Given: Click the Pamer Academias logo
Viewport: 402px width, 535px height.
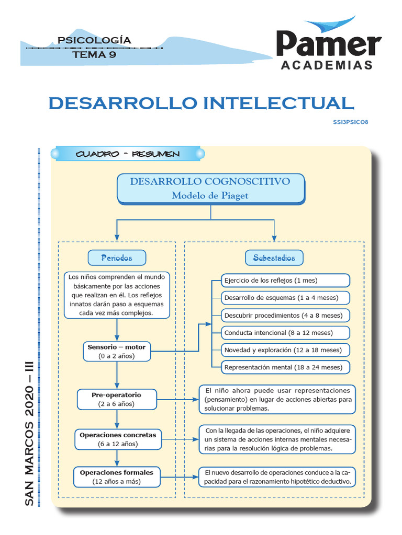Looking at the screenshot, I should (x=329, y=46).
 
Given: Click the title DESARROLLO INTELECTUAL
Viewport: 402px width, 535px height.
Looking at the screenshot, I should (x=201, y=103).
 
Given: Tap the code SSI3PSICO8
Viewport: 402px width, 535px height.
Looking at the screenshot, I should (x=354, y=122).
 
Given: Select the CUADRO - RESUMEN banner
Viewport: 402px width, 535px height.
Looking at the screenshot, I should (x=127, y=154).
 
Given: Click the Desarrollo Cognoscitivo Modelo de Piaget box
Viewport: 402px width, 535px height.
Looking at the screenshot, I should (x=210, y=188).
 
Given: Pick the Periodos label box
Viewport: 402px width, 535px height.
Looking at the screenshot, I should (x=117, y=258).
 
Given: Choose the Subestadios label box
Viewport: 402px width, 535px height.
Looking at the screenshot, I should (x=274, y=258).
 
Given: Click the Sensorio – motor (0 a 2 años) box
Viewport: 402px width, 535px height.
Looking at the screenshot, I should (x=117, y=351).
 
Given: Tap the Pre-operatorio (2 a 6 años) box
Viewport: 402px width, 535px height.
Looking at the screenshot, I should (x=116, y=399).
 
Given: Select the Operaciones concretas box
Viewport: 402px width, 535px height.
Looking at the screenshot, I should (x=117, y=439).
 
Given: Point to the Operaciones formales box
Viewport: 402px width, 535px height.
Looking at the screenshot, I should (x=116, y=476).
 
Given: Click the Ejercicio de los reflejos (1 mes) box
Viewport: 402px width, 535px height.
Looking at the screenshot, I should (x=285, y=281).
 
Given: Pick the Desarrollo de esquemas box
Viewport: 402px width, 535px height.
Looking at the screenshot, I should (x=285, y=298).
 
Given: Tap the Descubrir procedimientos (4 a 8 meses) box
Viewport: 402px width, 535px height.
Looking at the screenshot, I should (x=285, y=316).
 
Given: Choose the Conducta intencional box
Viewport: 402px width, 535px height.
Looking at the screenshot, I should (x=285, y=332).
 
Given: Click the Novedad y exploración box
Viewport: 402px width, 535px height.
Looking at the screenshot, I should (x=285, y=350).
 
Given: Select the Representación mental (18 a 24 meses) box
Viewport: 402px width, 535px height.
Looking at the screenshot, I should (x=285, y=367).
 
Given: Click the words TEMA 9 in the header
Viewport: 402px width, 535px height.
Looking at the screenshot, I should (x=94, y=54).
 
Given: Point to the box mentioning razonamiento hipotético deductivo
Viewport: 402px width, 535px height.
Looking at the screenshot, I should (x=277, y=476).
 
